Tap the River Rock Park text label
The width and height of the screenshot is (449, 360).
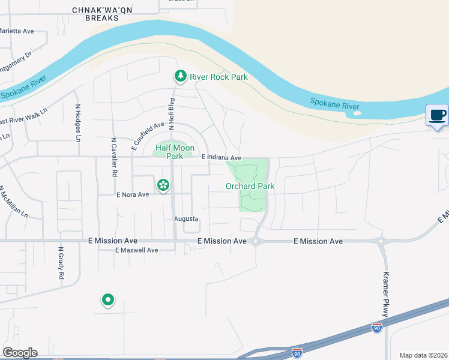coord(218,77)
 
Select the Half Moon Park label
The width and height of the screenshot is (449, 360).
coord(169,152)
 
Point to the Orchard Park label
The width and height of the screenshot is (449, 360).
coord(250,186)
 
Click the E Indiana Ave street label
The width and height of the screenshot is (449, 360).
coord(221,158)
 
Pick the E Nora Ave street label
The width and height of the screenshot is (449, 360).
coord(132,194)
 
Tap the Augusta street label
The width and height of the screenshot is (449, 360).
coord(186,219)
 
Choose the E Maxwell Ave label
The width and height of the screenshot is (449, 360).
coord(137,250)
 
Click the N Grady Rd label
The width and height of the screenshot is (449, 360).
coord(61,263)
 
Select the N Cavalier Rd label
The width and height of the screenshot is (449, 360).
coord(113,157)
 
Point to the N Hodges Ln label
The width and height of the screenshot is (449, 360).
coord(77,123)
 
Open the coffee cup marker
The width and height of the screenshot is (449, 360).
coord(437,115)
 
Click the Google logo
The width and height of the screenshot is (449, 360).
coord(20,353)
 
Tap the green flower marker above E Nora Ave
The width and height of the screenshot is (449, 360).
coord(162,184)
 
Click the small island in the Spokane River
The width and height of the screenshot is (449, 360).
coord(358,112)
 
